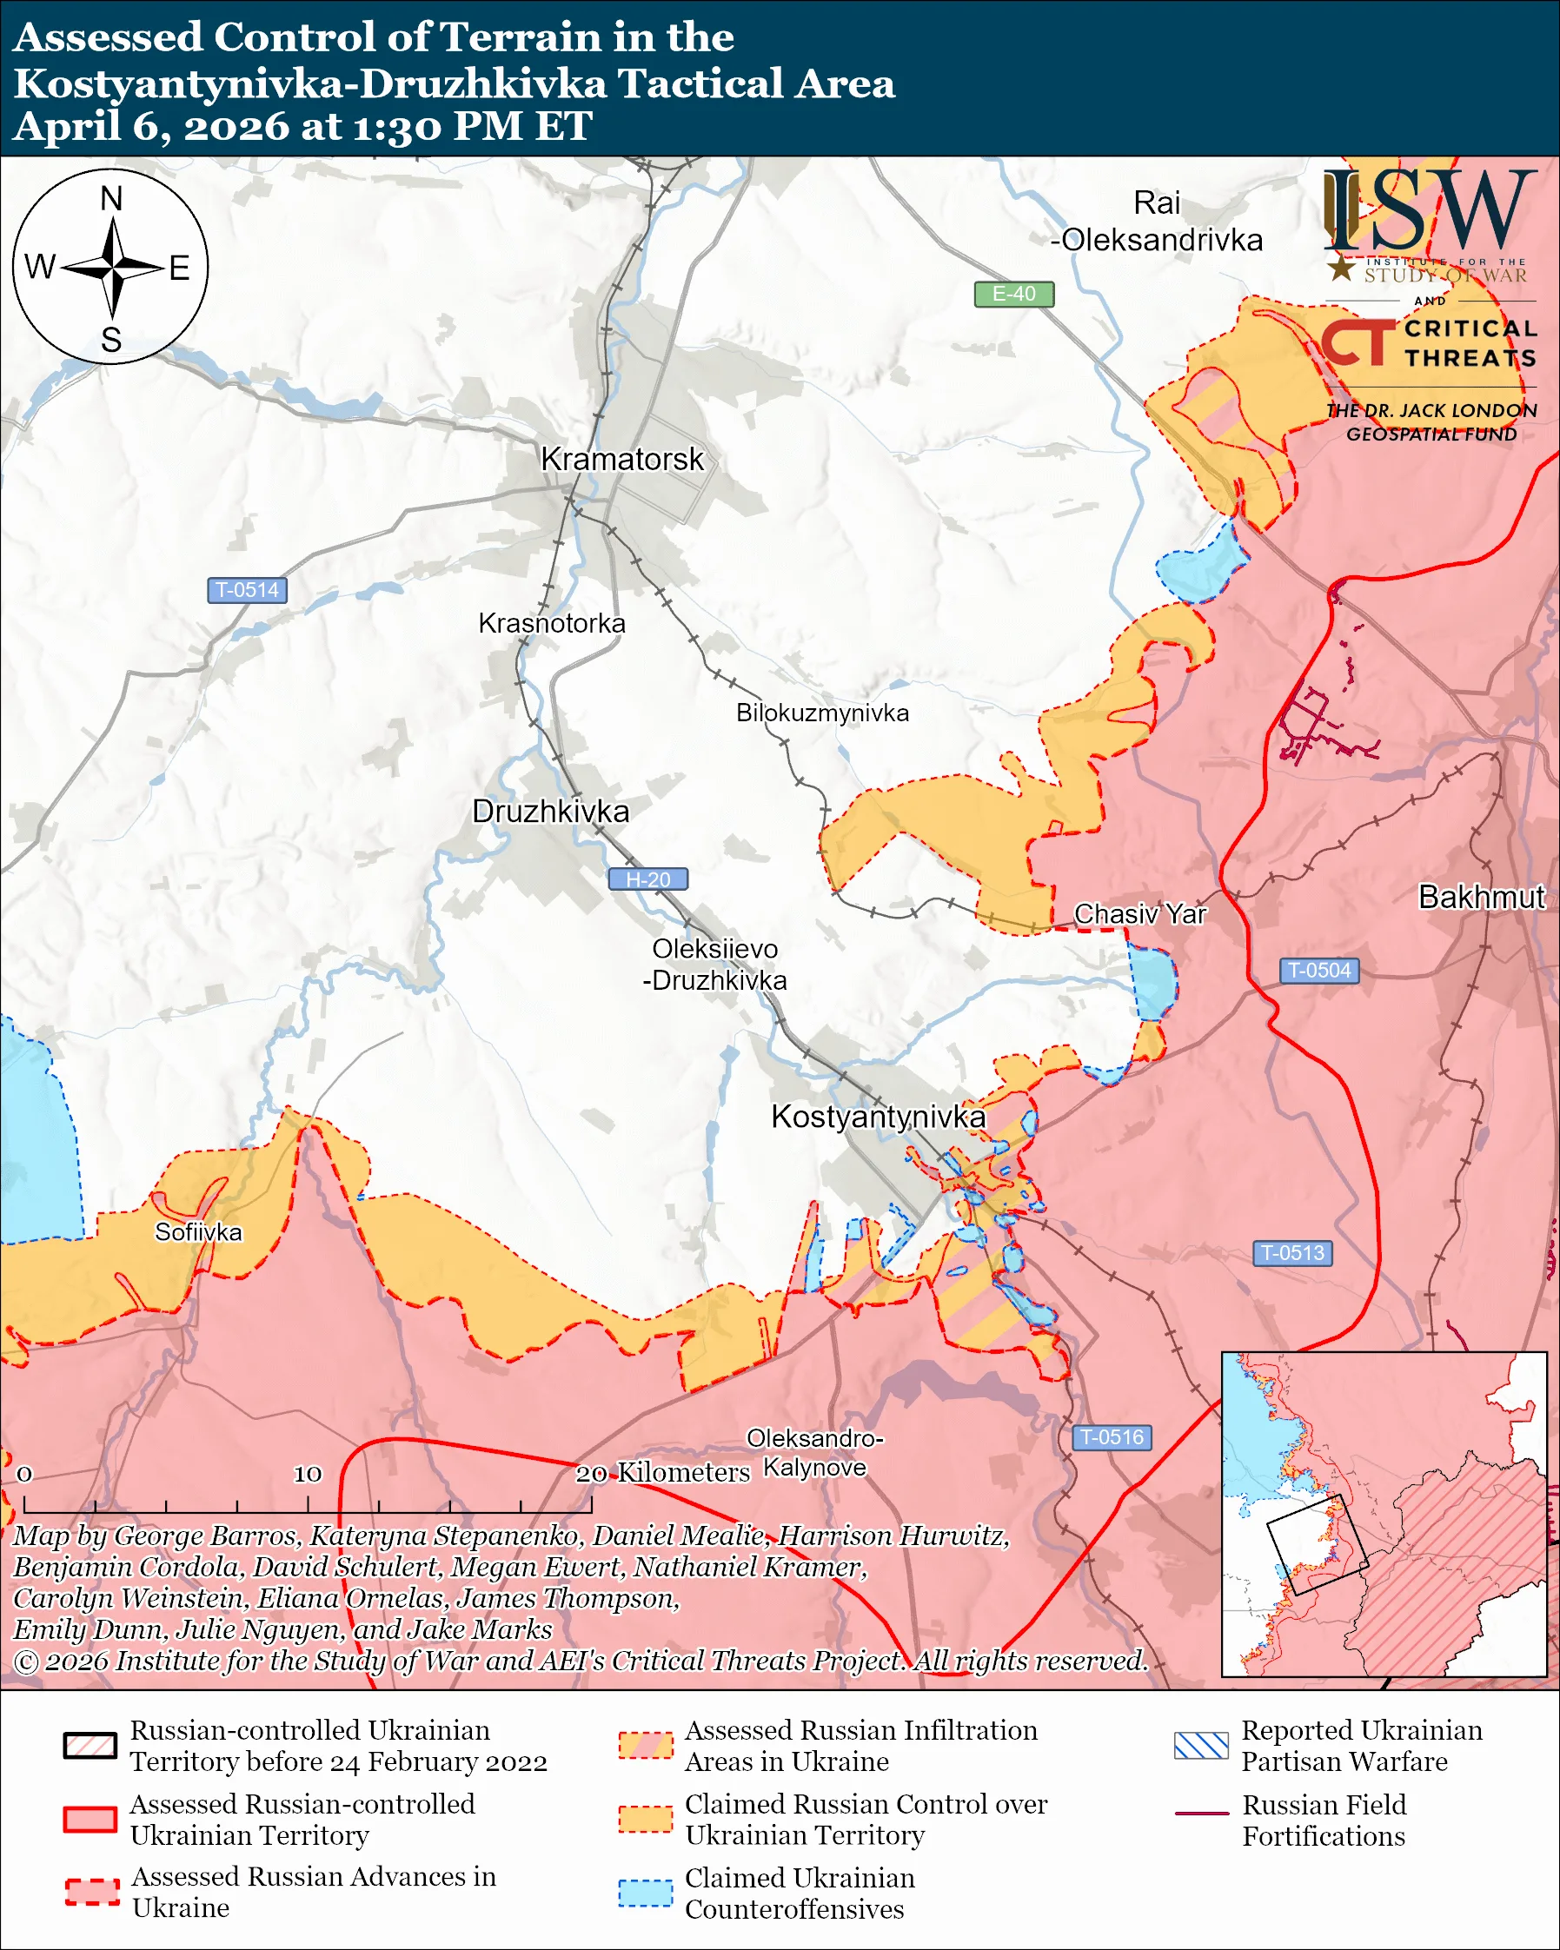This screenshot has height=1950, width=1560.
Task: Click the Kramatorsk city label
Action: tap(621, 460)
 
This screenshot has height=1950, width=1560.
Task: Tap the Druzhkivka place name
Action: tap(550, 812)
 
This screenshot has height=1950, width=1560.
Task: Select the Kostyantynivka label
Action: tap(877, 1117)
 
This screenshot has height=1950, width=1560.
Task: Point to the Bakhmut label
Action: tap(1480, 897)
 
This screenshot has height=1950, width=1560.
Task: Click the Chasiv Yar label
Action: tap(1139, 914)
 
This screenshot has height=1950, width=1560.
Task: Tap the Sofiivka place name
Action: tap(198, 1232)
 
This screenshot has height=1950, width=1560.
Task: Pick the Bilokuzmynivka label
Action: tap(821, 713)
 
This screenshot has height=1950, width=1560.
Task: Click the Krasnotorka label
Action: tap(551, 623)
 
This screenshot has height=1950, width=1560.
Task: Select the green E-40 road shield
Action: tap(1012, 294)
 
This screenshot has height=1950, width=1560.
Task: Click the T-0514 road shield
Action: tap(247, 590)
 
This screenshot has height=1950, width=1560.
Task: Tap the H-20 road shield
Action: tap(647, 879)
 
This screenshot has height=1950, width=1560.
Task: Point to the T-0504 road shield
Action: tap(1318, 971)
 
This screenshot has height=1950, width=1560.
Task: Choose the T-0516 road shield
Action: tap(1111, 1437)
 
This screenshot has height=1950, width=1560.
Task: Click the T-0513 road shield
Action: tap(1291, 1253)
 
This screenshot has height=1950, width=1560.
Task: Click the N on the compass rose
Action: tap(111, 199)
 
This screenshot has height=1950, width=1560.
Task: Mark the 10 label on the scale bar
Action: tap(307, 1475)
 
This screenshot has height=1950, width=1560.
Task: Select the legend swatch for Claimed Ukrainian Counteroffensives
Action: tap(645, 1893)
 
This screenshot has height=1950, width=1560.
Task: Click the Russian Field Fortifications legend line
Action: tap(1201, 1814)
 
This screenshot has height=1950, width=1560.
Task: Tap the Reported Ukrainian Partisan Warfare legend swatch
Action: tap(1201, 1746)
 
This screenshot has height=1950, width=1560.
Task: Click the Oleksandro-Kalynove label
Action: tap(814, 1453)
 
